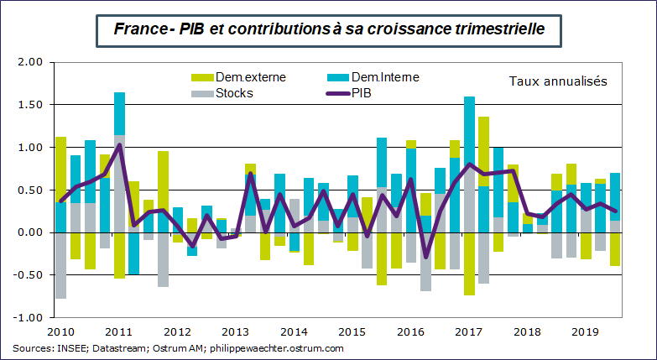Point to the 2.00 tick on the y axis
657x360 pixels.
(29, 62)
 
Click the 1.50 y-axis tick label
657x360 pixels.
(29, 105)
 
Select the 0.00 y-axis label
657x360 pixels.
(29, 232)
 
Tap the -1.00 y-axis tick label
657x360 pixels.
(28, 318)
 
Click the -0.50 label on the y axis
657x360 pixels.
(28, 275)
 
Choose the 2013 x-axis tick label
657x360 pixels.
(237, 331)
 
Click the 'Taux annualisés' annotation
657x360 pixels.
(557, 81)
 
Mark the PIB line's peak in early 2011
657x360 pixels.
(119, 144)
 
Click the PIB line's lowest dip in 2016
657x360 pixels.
(425, 256)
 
